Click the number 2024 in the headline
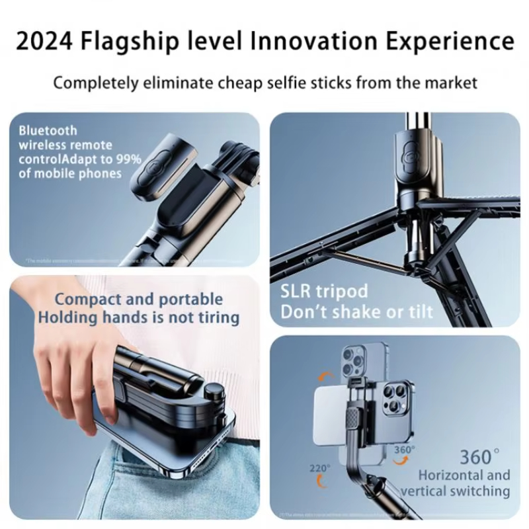click(46, 40)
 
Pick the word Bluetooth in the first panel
click(48, 131)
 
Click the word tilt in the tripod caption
click(419, 311)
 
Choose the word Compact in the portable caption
click(85, 300)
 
